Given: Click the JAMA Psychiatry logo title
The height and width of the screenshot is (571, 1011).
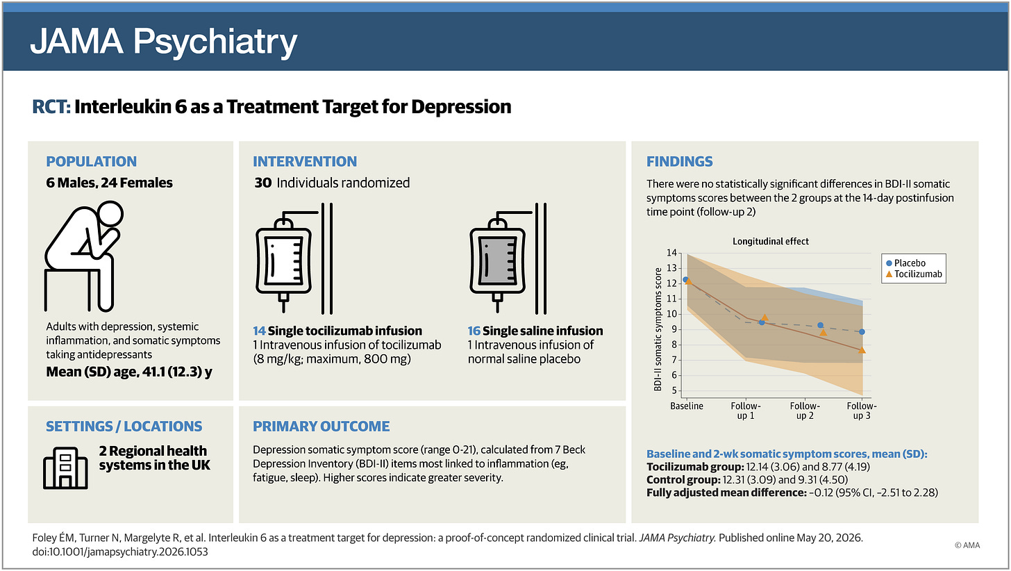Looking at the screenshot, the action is click(x=163, y=42).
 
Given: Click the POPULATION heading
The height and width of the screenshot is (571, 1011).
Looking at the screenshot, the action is click(x=91, y=161).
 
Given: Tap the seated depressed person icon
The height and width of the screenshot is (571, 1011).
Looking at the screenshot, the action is click(x=84, y=256).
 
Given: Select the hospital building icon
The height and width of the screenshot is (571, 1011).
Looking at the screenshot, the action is click(x=65, y=468).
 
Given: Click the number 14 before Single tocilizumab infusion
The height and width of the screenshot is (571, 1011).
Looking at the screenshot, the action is click(x=259, y=331).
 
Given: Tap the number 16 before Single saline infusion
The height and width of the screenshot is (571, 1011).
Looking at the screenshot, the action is click(x=474, y=331).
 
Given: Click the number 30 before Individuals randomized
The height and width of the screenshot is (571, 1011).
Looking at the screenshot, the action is click(x=263, y=183).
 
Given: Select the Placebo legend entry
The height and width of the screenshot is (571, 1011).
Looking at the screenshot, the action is click(x=906, y=263).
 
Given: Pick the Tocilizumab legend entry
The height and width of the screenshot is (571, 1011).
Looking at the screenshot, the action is click(x=914, y=274).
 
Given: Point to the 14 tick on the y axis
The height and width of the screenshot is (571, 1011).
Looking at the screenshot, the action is click(x=671, y=253).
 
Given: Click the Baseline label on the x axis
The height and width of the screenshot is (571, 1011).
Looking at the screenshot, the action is click(x=687, y=406).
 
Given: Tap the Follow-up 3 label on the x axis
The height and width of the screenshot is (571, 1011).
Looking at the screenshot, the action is click(x=862, y=411).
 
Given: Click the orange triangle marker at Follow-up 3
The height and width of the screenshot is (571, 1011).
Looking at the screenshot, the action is click(x=862, y=350).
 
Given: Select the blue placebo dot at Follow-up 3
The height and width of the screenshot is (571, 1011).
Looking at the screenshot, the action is click(x=862, y=332).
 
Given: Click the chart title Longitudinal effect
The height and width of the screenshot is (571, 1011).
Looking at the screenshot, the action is click(x=771, y=242).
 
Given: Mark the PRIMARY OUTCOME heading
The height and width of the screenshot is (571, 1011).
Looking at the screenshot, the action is click(x=321, y=426).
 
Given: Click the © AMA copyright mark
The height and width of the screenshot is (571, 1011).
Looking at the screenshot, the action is click(x=967, y=545).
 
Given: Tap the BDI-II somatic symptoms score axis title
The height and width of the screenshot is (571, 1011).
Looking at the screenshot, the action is click(x=658, y=329).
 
